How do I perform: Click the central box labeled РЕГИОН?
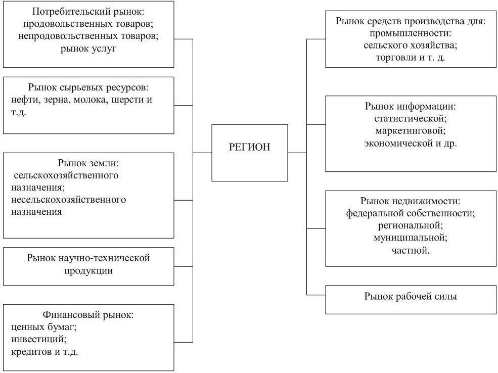point(249,147)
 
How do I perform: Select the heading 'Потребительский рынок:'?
point(88,12)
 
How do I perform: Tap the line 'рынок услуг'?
point(88,49)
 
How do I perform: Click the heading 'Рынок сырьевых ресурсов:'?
point(88,87)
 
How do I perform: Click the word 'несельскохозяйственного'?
point(68,200)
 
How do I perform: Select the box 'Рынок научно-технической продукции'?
point(88,264)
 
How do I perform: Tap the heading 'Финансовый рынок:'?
point(88,315)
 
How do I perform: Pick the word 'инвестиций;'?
point(35,339)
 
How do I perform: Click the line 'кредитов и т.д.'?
point(44,351)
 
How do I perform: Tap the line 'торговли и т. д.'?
point(410,58)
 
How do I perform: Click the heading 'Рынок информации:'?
point(410,107)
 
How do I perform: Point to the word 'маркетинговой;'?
point(410,131)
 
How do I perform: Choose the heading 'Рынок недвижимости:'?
point(410,201)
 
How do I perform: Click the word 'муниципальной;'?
point(410,237)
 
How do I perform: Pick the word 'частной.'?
point(410,249)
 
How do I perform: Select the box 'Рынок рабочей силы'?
point(410,297)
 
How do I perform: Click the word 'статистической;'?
point(410,119)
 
